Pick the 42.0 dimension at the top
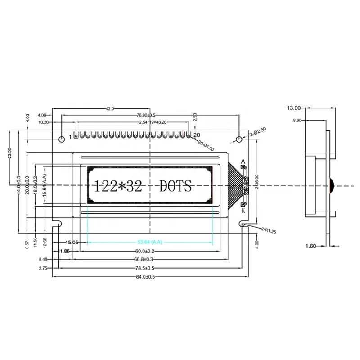109,108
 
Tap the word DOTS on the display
176,186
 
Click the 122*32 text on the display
117,186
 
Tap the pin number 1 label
70,136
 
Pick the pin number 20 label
196,135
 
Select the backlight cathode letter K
243,210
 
